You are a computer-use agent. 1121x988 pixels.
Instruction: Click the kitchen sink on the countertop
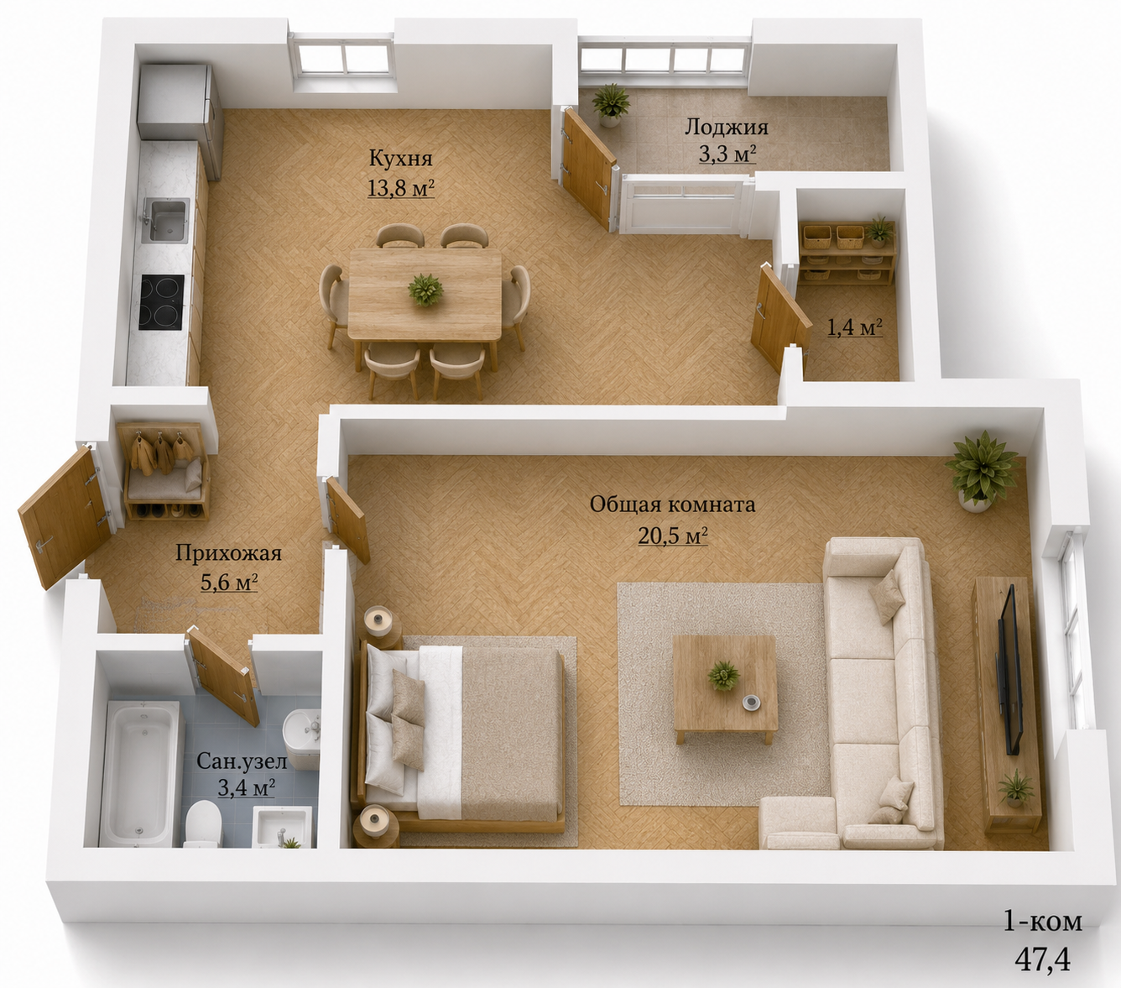pos(165,220)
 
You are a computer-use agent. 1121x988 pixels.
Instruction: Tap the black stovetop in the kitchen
pos(162,302)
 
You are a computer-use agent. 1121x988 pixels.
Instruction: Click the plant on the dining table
pos(425,290)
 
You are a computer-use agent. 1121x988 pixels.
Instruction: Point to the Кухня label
pos(400,159)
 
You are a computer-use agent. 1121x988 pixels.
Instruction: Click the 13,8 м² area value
pos(400,188)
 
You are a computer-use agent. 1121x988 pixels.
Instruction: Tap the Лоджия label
pos(727,128)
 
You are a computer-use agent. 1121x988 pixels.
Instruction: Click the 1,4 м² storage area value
pos(853,327)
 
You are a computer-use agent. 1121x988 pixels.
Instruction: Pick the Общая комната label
pos(672,504)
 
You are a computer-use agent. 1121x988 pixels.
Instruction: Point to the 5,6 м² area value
pos(229,583)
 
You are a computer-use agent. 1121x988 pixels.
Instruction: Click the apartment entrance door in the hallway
pos(65,515)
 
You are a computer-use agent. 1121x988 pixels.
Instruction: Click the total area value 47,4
pos(1042,960)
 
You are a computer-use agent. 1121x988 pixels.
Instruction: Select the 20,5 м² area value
pos(673,536)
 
